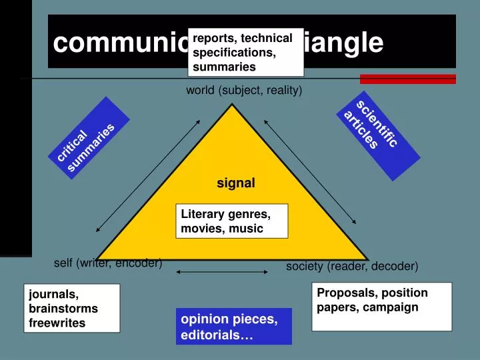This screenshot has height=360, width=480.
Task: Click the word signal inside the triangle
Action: point(235,182)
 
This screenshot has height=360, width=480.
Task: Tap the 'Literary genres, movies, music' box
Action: point(231,221)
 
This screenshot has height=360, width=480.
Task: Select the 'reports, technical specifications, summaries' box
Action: point(245,52)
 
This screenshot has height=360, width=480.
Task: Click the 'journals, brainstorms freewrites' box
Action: point(73,308)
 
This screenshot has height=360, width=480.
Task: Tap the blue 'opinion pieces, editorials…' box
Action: point(234,326)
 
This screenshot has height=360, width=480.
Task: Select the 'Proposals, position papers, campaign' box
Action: point(381,306)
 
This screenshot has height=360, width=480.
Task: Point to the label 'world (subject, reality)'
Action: point(244,90)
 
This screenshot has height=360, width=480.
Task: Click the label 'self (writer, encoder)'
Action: point(108,263)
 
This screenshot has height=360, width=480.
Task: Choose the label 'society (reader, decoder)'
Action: point(352,266)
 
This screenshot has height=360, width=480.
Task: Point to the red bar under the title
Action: point(417,79)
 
